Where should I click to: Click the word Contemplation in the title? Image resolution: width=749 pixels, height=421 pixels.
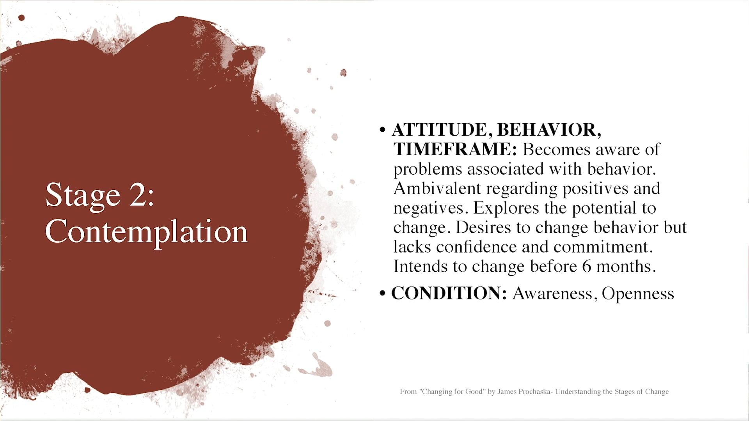point(146,232)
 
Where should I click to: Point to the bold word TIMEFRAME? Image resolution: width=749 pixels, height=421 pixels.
point(455,149)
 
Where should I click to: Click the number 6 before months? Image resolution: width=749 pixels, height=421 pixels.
point(586,267)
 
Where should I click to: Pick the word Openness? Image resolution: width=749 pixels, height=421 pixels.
point(638,294)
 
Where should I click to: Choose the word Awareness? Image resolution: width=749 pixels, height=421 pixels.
point(552,294)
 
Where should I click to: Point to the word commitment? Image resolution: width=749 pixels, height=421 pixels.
point(603,247)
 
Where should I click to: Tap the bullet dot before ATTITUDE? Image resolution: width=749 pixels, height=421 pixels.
point(382,130)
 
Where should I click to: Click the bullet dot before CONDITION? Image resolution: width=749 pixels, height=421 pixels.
point(382,293)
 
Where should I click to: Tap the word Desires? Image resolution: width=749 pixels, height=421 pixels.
point(483,227)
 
